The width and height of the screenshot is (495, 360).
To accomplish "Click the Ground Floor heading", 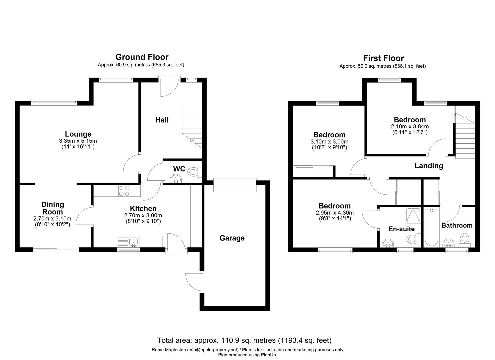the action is click(142, 57).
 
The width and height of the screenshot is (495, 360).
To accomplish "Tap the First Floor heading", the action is click(383, 58).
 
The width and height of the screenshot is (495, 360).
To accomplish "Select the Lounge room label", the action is click(78, 134).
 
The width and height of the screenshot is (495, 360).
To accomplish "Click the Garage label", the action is click(232, 238).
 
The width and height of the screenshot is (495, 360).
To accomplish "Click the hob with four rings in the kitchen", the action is click(124, 191).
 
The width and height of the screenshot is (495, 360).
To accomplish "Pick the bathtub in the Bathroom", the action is click(431, 227).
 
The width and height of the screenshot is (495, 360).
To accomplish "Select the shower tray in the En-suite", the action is click(413, 215).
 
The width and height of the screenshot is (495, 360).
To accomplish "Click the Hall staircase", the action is click(192, 128).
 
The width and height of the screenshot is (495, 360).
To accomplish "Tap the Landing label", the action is click(429, 166).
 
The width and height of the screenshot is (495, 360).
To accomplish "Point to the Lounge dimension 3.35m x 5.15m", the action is click(78, 141).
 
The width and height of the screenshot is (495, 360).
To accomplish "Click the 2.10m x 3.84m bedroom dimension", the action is click(410, 127).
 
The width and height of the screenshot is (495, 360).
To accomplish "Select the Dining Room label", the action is click(53, 208).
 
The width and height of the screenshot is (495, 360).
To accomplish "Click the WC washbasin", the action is click(176, 179).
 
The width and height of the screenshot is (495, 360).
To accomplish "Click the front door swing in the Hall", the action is click(169, 87).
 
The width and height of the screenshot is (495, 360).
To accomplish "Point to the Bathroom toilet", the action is click(465, 240).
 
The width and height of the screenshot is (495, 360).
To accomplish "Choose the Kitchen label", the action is click(143, 209).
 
